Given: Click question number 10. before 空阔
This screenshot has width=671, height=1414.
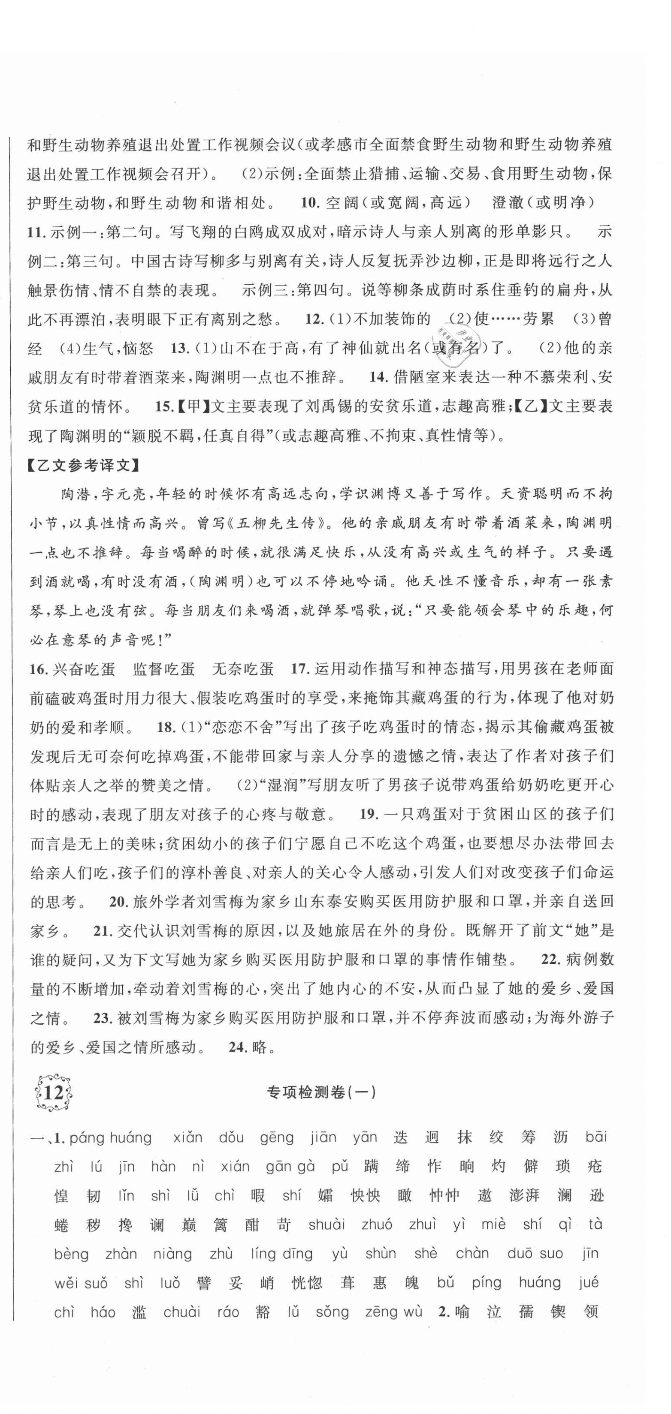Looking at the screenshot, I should click(x=310, y=203).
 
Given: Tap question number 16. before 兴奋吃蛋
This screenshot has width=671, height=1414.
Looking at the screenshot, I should click(x=39, y=668).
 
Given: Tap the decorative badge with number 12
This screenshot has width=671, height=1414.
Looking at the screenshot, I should click(x=53, y=1092).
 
